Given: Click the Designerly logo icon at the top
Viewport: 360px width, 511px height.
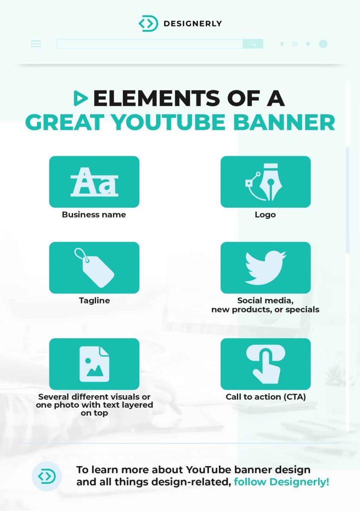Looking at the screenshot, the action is (149, 23).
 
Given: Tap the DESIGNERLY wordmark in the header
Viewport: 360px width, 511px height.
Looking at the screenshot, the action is (192, 23).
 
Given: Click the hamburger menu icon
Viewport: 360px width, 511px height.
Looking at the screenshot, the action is (36, 44).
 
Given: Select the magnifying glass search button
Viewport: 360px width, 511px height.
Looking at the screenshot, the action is (253, 44).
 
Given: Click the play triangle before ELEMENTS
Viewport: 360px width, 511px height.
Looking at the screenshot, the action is (80, 98).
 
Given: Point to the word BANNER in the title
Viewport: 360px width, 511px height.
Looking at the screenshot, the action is (284, 123).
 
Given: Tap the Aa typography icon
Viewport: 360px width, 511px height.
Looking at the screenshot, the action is (94, 182).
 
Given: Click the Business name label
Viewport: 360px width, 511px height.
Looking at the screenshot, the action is (94, 215).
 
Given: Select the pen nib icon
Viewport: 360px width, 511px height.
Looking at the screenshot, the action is (264, 182).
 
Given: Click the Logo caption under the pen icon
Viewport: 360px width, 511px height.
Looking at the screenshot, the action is (265, 215).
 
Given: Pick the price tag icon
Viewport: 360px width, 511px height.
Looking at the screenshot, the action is (94, 268).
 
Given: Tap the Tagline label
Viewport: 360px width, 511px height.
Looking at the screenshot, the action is (94, 300).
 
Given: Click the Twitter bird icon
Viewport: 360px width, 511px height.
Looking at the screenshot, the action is (266, 267).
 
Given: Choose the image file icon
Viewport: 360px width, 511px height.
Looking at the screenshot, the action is (94, 364).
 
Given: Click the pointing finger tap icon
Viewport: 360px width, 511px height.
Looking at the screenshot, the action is (266, 364).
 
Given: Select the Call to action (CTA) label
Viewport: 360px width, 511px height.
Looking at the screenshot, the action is (266, 397).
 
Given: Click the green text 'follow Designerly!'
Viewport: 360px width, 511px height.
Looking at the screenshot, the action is (282, 482).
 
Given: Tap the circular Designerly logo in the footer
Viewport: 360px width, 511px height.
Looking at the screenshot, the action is (47, 476).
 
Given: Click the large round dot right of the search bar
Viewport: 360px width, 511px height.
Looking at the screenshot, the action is (323, 44).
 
